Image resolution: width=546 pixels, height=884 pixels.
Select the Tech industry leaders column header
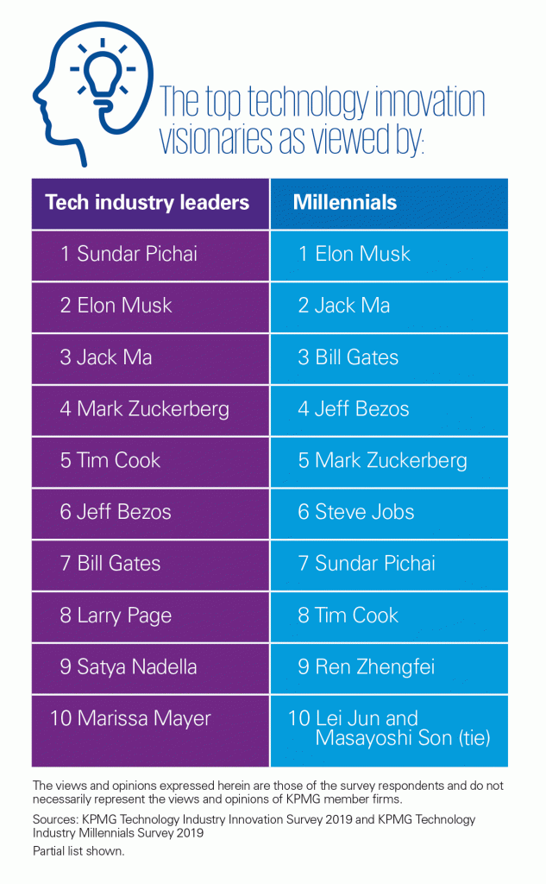pos(147,203)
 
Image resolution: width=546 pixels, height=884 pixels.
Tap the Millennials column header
pos(345,203)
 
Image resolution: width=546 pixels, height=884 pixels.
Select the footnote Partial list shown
pos(77,849)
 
